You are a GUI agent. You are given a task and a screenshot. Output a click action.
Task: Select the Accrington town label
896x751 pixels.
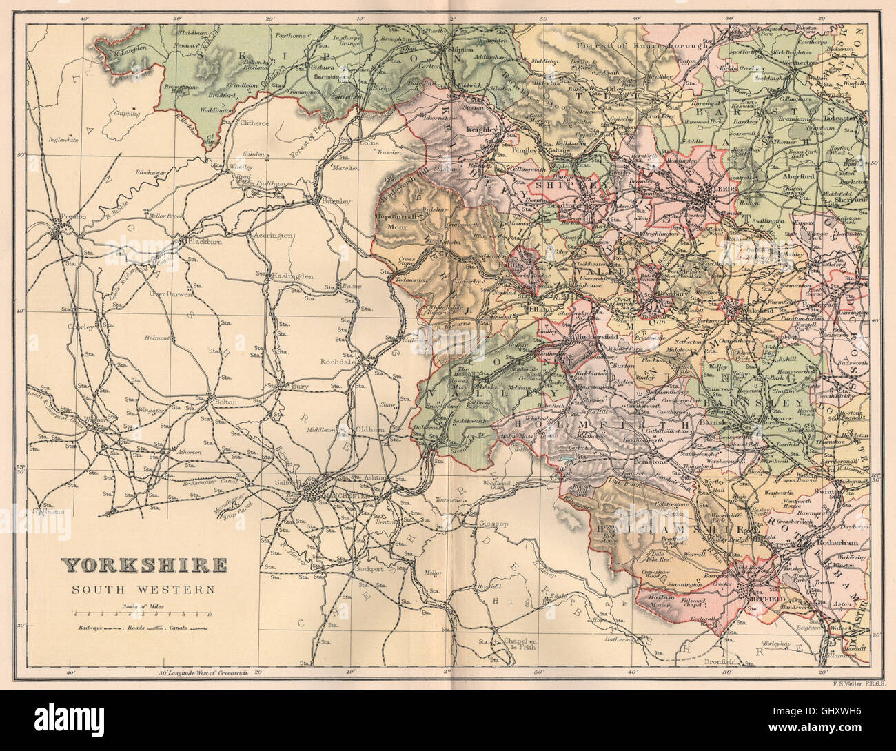pos(274,236)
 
